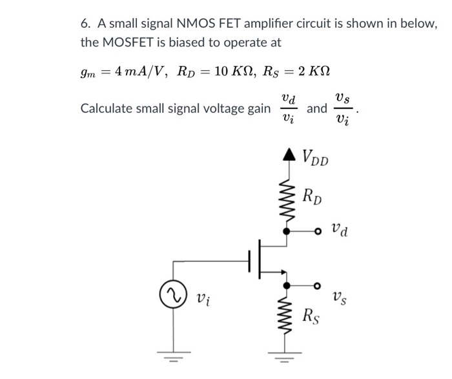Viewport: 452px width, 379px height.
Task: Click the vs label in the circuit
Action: pyautogui.click(x=340, y=298)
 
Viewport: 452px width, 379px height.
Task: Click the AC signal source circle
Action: pyautogui.click(x=172, y=298)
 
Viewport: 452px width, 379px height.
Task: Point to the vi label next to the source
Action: pyautogui.click(x=201, y=299)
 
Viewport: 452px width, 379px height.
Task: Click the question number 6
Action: pyautogui.click(x=85, y=25)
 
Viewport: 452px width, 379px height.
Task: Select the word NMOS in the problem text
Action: pyautogui.click(x=183, y=25)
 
